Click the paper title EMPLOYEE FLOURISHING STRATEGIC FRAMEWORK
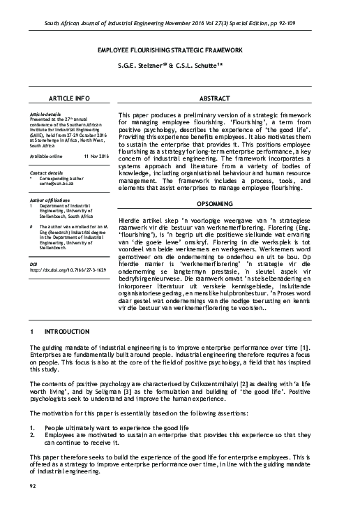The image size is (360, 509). pos(179,51)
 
